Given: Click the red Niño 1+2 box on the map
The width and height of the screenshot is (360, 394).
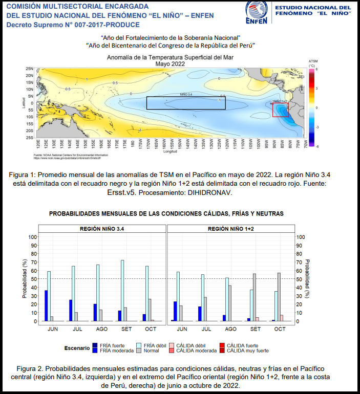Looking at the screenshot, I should click(x=281, y=110).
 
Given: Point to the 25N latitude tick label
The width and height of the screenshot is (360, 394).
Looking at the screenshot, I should click(x=30, y=69).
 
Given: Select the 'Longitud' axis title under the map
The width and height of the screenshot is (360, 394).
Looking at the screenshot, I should click(x=170, y=151).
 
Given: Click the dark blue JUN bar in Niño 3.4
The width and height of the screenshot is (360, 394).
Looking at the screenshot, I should click(x=46, y=305).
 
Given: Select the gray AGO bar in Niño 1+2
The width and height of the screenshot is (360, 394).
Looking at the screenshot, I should click(x=229, y=303).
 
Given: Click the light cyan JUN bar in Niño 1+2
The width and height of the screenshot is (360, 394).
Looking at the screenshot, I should click(x=178, y=296).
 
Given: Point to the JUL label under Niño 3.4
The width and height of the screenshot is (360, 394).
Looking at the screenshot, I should click(x=77, y=329).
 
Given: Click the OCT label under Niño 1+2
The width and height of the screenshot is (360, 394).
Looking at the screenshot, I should click(x=280, y=329).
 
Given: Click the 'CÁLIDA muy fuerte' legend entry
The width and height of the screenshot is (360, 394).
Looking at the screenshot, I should click(x=247, y=351).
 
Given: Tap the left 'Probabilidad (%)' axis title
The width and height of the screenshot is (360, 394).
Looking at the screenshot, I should click(x=24, y=279).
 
